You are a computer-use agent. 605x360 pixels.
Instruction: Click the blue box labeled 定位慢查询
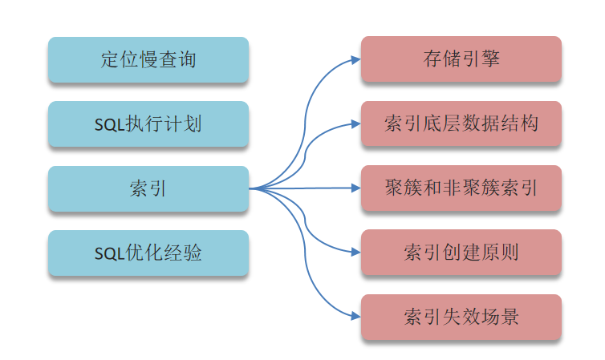click(x=148, y=59)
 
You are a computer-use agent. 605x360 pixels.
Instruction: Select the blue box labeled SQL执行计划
click(x=148, y=124)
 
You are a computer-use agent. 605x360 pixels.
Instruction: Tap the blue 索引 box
click(x=148, y=189)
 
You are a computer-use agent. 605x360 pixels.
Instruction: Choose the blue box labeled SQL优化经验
click(x=148, y=253)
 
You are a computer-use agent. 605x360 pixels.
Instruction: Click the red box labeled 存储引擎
click(x=461, y=59)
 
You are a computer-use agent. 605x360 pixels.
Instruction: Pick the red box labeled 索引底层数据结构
click(x=461, y=123)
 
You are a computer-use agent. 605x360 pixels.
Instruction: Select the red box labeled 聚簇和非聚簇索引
click(x=461, y=188)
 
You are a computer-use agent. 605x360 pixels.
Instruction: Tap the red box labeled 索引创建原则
click(x=461, y=253)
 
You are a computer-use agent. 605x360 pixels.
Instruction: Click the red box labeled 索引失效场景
click(x=461, y=317)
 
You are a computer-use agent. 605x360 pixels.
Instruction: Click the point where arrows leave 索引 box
click(x=250, y=189)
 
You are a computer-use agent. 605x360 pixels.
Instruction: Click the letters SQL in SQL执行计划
click(x=109, y=125)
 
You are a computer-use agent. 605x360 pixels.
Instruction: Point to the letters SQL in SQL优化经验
click(x=109, y=254)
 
